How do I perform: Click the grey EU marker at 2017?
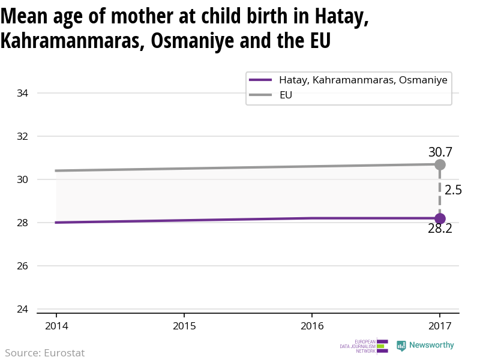440,164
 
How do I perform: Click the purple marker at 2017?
440,218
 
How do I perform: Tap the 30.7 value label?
440,152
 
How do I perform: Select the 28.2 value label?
440,229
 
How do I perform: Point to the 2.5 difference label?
453,190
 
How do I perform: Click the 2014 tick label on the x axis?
56,326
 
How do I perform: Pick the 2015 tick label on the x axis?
184,326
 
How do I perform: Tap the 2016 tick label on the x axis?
312,326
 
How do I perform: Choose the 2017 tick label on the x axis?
440,326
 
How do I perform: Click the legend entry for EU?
286,95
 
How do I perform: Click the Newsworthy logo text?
431,346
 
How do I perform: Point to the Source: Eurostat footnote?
45,353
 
